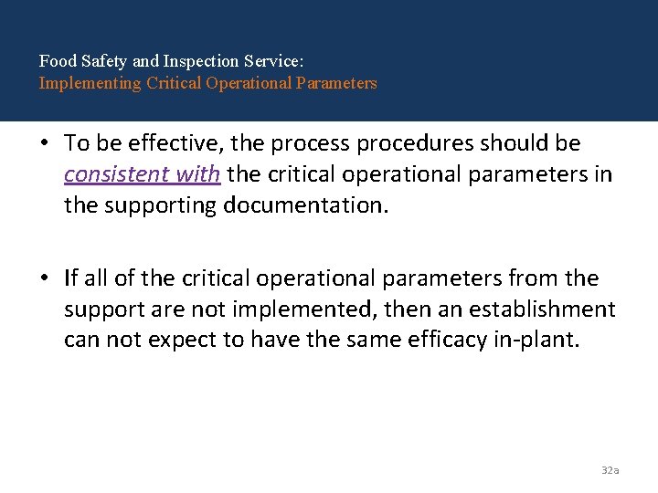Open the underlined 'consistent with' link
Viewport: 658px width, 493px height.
[x=142, y=174]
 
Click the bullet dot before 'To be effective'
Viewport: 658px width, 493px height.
[x=47, y=143]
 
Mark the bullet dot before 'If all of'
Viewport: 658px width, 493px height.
[x=47, y=278]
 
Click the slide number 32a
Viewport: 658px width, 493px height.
[x=610, y=470]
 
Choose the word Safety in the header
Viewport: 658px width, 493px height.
[x=103, y=62]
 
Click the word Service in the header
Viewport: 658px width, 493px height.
[x=277, y=62]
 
